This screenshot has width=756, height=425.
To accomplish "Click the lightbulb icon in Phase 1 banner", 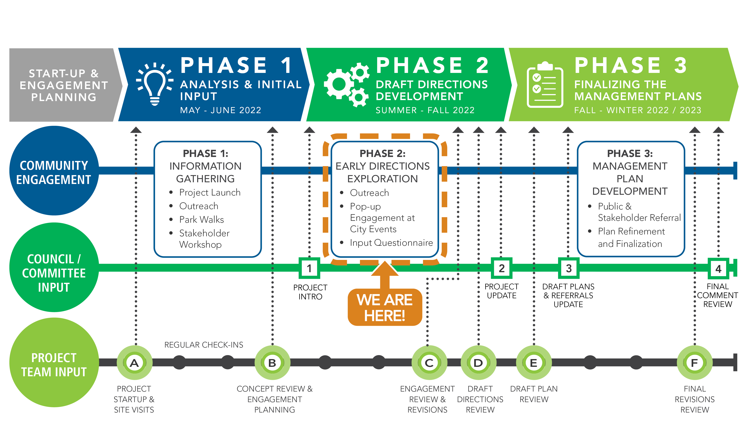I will click(x=155, y=84).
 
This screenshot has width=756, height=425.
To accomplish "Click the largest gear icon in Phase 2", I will click(x=339, y=84).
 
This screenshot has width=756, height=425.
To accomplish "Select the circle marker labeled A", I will click(x=134, y=363).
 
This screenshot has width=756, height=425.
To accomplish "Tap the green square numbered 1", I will click(x=309, y=268).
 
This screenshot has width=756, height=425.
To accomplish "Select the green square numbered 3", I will click(x=568, y=268).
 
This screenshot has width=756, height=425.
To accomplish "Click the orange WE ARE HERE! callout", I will click(x=385, y=307).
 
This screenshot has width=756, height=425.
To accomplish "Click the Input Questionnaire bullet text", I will click(x=391, y=243).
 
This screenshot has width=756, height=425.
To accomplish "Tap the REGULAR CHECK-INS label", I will click(x=204, y=345).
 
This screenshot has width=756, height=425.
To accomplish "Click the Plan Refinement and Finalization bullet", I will click(x=631, y=237).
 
